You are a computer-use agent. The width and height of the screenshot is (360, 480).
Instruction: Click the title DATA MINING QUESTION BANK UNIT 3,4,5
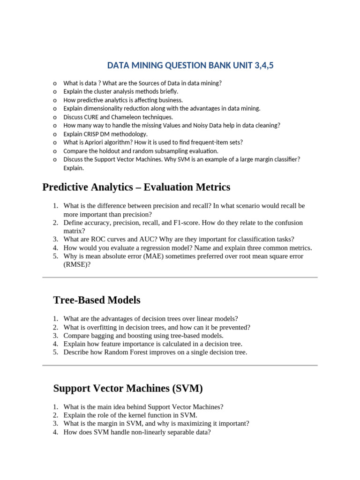[x=190, y=65]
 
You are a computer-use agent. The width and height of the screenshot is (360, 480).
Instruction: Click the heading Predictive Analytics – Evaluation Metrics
[x=136, y=187]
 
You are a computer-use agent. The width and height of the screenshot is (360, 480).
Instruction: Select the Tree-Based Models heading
[x=97, y=300]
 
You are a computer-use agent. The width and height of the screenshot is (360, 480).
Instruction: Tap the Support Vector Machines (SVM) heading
[x=128, y=388]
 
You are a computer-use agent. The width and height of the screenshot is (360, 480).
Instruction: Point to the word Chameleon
[x=134, y=117]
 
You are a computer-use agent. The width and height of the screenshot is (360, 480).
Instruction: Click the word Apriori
[x=98, y=142]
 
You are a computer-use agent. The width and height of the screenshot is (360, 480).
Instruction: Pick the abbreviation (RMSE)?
[x=77, y=265]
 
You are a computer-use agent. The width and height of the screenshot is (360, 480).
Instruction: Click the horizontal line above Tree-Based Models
[x=180, y=277]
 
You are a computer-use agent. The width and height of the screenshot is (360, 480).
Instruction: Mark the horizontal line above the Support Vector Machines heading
[x=180, y=365]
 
